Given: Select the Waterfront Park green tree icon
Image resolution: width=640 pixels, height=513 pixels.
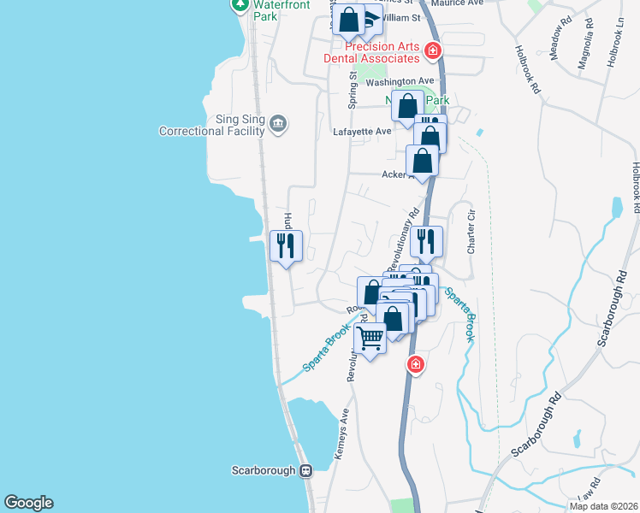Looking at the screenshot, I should click(x=240, y=5).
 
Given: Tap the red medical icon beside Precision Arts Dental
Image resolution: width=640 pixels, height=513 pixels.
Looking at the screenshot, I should click(x=433, y=51).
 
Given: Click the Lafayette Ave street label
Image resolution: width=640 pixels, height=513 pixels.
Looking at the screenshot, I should click(x=361, y=131).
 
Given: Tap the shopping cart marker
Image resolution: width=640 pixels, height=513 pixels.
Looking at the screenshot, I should click(x=370, y=339).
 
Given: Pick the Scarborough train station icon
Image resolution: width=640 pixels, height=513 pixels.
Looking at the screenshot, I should click(x=305, y=470).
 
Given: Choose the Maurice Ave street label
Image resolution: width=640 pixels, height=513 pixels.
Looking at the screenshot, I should click(x=463, y=3).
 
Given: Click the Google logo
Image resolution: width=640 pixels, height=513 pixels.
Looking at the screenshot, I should click(x=28, y=503).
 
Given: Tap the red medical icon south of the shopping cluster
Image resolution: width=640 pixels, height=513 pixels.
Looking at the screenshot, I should click(x=416, y=365).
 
